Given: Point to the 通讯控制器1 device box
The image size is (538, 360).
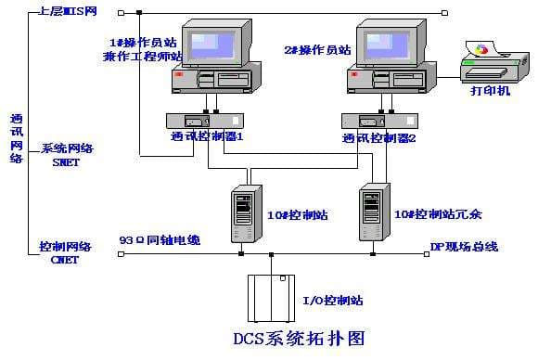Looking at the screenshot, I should point(203,121).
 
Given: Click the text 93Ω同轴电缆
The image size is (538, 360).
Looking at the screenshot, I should point(160,239).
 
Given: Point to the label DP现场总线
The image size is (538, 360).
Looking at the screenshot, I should point(464,246).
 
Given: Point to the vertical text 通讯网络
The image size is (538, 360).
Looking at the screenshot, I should point(16,138).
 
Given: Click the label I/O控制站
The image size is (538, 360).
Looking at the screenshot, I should point(333,301).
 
